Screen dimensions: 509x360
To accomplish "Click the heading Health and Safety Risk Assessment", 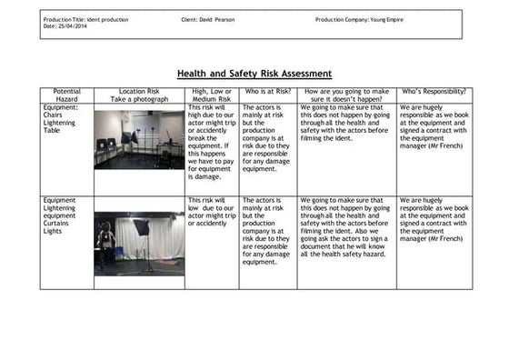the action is [x=254, y=74].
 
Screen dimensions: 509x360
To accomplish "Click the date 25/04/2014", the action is [x=75, y=26].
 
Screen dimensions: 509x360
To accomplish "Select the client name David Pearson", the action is [x=218, y=19].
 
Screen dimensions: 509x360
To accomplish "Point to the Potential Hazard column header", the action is [x=66, y=95].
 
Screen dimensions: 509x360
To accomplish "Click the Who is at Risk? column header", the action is [x=267, y=91].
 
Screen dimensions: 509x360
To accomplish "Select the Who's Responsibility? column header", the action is [x=434, y=91].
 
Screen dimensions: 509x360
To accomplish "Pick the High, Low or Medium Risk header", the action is [x=212, y=95].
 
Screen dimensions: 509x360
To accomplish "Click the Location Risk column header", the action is [x=138, y=95].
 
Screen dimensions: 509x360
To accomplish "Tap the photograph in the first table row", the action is [x=138, y=139].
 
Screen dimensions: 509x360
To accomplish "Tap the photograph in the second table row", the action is [x=138, y=242].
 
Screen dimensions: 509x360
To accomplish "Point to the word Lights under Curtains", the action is [x=53, y=231].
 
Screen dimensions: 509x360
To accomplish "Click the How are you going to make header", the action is [x=345, y=91].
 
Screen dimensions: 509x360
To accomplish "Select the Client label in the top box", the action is [x=191, y=19].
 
